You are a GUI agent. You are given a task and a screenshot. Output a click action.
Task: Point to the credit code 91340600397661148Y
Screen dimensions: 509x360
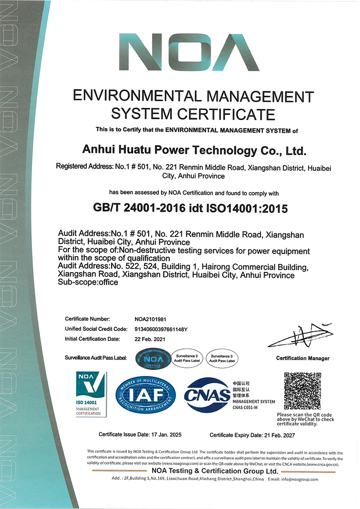pyautogui.click(x=161, y=329)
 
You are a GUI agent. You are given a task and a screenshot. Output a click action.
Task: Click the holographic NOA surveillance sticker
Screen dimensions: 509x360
pyautogui.click(x=153, y=358)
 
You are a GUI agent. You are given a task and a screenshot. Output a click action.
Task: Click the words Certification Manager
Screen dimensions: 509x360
pyautogui.click(x=302, y=358)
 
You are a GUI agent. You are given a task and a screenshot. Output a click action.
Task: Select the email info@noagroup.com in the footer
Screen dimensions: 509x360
pyautogui.click(x=299, y=479)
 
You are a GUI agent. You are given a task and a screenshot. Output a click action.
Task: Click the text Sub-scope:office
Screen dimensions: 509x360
pyautogui.click(x=88, y=282)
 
